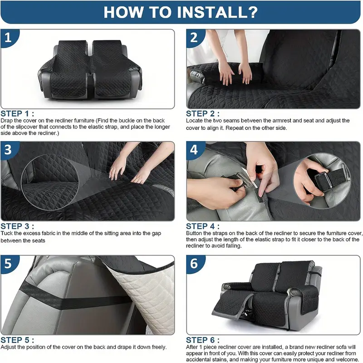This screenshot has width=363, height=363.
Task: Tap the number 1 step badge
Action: point(9,38)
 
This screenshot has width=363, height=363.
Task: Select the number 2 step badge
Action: point(195,38)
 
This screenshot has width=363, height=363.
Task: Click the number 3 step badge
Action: point(9,150)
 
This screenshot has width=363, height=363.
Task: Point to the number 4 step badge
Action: point(195,150)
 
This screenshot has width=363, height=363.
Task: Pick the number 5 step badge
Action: point(9,264)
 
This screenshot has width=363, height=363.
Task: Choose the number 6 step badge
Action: point(195,264)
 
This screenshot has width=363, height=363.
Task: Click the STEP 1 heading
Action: point(17,114)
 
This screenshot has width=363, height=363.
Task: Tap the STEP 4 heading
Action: point(203,226)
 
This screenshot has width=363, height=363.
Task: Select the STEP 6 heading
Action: point(203,340)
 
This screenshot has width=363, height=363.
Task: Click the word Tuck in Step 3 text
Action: point(5,233)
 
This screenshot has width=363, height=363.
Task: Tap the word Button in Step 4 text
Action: point(194,233)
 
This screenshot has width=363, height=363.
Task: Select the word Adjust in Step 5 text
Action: point(8,347)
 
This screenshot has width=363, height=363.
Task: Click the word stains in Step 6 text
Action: point(214,359)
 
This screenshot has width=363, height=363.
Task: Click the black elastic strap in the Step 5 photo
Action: point(74,298)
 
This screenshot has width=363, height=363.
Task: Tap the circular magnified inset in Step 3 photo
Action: point(50,182)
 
